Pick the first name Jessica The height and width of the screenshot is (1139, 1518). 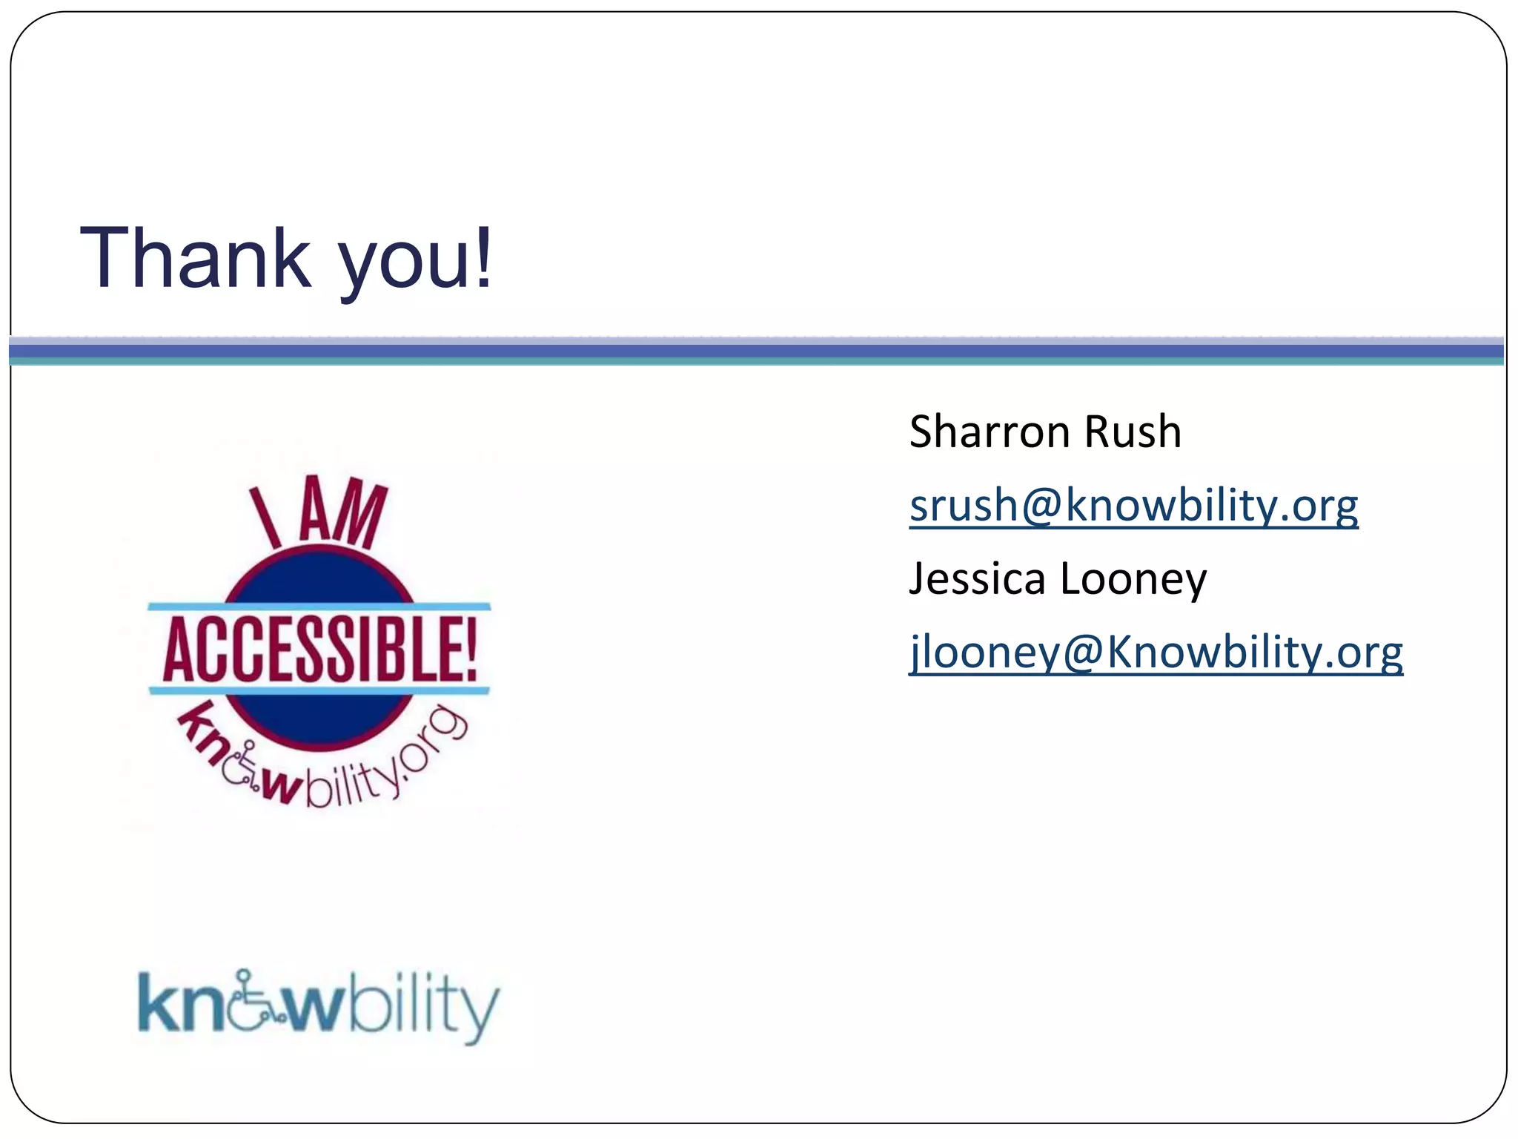click(x=977, y=578)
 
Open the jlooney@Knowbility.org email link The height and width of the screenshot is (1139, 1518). click(x=1156, y=653)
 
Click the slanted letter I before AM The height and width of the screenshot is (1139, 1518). click(x=265, y=517)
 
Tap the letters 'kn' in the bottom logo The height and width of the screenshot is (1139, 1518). click(x=182, y=1005)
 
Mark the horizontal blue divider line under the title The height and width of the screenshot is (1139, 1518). click(x=756, y=350)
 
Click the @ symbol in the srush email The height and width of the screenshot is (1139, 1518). click(x=1041, y=506)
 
